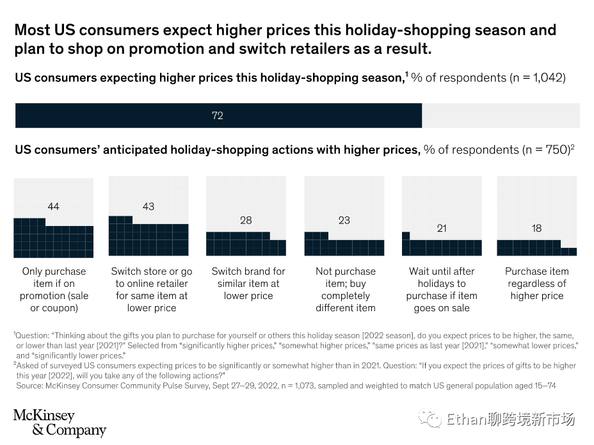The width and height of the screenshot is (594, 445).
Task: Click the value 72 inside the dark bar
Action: [218, 116]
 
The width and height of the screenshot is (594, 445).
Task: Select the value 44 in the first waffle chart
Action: [53, 206]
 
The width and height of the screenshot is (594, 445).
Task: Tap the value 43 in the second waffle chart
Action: [148, 206]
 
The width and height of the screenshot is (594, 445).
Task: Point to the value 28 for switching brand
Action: [246, 220]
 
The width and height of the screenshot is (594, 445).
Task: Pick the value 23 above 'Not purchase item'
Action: [344, 220]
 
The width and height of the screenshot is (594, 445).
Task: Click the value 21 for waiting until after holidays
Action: [442, 228]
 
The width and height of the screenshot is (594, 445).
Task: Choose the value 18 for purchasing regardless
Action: [536, 228]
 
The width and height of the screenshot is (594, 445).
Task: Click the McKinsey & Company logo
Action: [60, 423]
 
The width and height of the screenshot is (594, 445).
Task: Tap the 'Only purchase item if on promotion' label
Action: [54, 289]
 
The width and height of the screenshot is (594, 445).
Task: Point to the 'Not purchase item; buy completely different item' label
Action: [346, 289]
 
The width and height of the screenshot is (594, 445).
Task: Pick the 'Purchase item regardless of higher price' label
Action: [537, 284]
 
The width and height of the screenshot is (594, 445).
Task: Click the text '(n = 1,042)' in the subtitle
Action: [537, 78]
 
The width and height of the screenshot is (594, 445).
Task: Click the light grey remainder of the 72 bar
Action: [501, 116]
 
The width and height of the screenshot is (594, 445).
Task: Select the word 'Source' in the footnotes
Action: [31, 387]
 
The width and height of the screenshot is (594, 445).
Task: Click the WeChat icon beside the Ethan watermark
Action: [430, 419]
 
